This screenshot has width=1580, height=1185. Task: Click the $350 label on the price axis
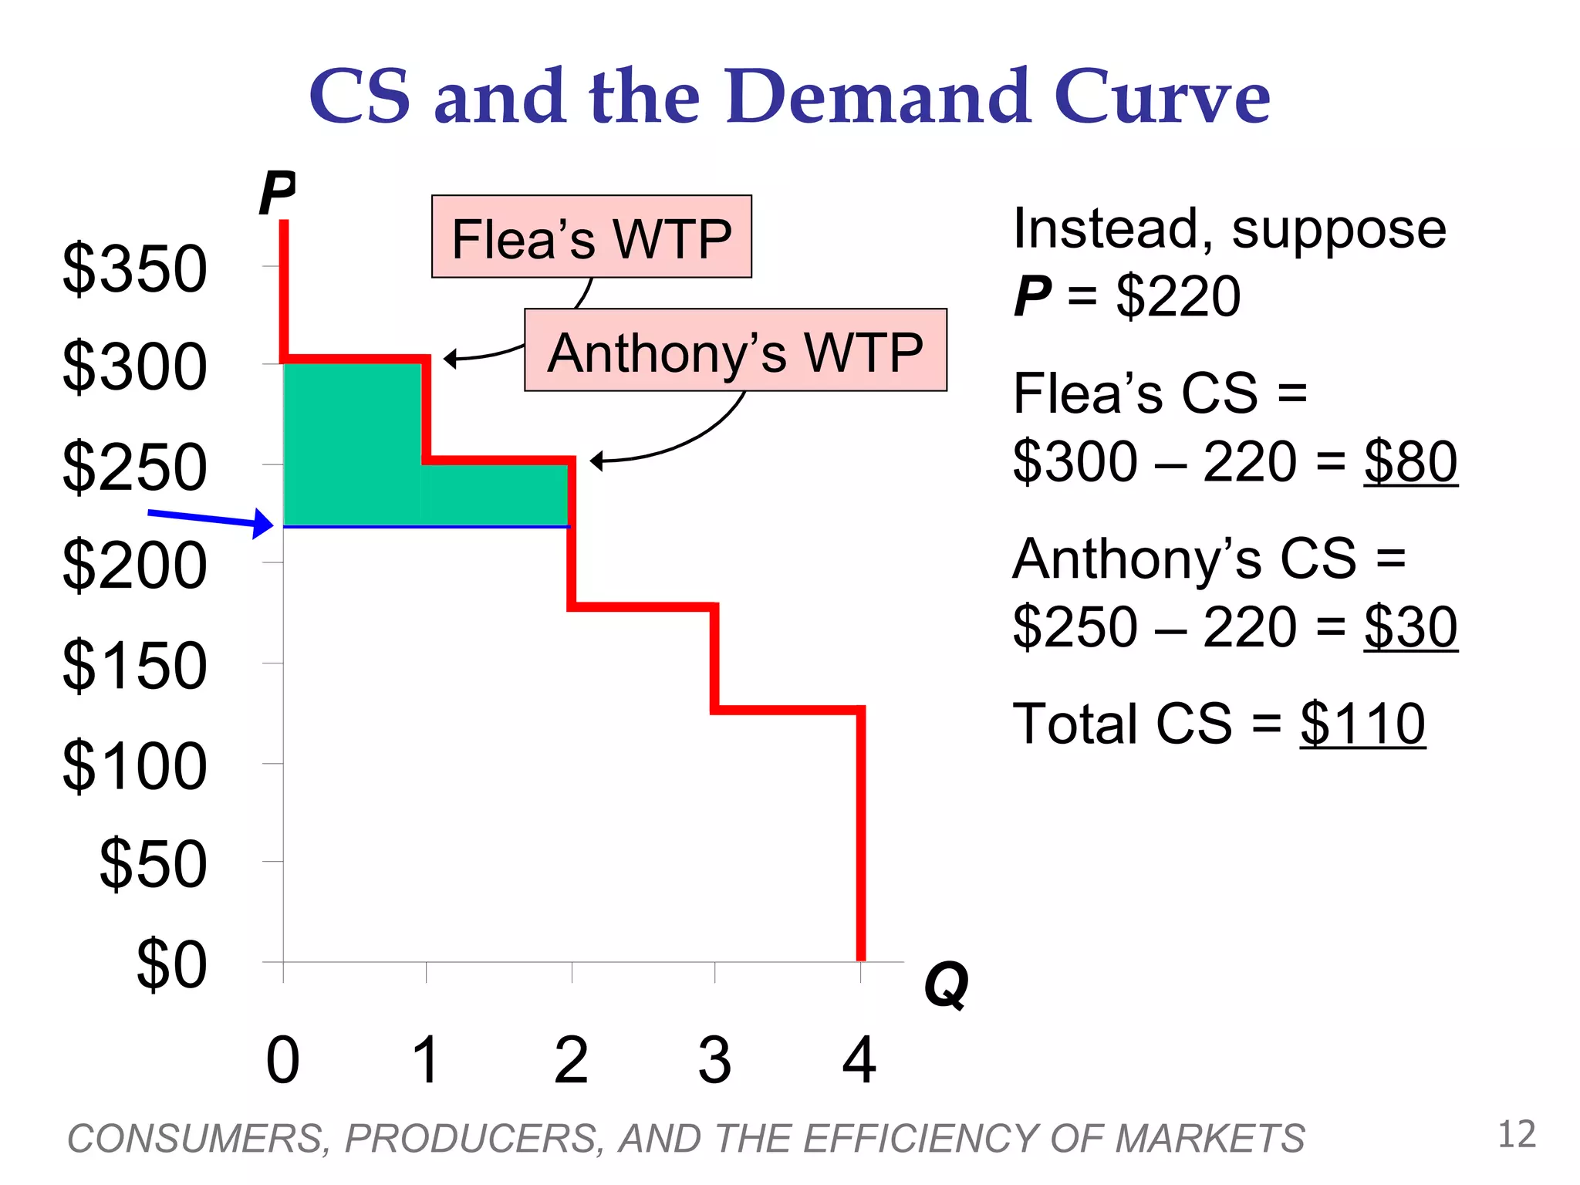pyautogui.click(x=135, y=269)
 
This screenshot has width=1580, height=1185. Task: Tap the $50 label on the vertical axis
pyautogui.click(x=153, y=864)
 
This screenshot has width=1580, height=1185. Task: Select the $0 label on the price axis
pyautogui.click(x=171, y=964)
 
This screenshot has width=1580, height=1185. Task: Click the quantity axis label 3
pyautogui.click(x=714, y=1061)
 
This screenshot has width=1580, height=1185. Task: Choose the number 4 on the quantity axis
pyautogui.click(x=859, y=1061)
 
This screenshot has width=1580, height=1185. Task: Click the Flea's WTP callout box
pyautogui.click(x=591, y=237)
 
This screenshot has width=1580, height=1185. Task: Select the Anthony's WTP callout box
pyautogui.click(x=735, y=351)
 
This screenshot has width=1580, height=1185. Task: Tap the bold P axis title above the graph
pyautogui.click(x=277, y=193)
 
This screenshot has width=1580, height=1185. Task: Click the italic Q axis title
pyautogui.click(x=946, y=985)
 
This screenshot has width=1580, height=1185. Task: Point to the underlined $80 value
pyautogui.click(x=1410, y=462)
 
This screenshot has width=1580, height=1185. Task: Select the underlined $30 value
pyautogui.click(x=1410, y=627)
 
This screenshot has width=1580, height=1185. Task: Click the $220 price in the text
pyautogui.click(x=1178, y=296)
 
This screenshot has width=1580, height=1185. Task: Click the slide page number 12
pyautogui.click(x=1517, y=1135)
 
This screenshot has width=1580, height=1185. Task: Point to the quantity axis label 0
pyautogui.click(x=282, y=1061)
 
